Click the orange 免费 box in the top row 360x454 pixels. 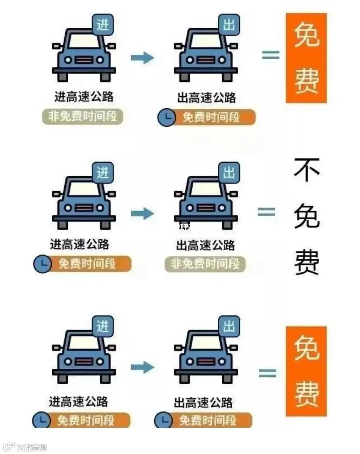[306, 58]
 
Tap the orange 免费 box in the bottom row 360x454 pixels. [306, 371]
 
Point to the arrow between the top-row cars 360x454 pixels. [142, 58]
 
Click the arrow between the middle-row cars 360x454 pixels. [142, 213]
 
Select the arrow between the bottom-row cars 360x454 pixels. [142, 368]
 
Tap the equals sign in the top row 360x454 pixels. [270, 55]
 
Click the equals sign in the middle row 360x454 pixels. [266, 212]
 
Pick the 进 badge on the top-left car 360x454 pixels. [103, 25]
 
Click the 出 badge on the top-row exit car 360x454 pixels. [229, 24]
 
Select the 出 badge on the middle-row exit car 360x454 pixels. [229, 173]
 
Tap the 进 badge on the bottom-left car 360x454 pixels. [103, 326]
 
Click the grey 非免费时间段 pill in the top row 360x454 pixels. [83, 117]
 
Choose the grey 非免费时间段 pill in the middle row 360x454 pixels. [205, 264]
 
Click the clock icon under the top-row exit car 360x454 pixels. [166, 117]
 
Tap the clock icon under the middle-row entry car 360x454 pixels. [42, 264]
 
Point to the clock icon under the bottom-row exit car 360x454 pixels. [163, 420]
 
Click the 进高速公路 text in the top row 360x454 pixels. [84, 97]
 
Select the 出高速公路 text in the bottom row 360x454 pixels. [203, 403]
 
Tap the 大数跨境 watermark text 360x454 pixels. [32, 447]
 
